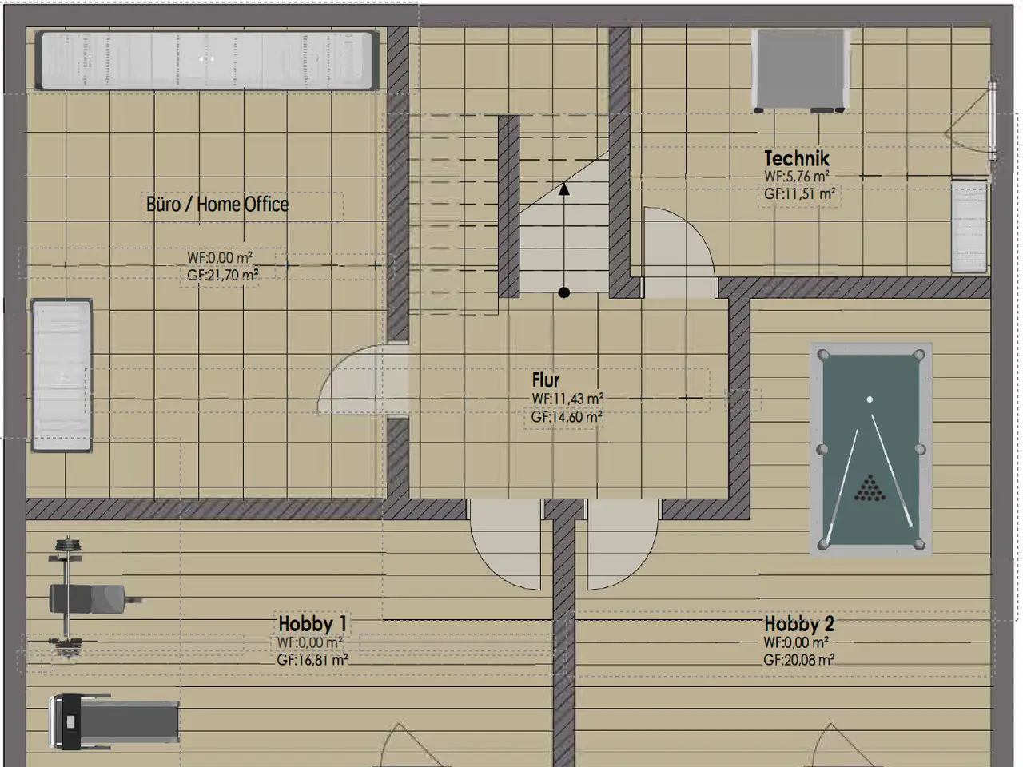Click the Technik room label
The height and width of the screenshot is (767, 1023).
click(x=797, y=159)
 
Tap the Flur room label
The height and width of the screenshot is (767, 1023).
click(x=545, y=380)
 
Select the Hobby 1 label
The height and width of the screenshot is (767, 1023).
click(x=312, y=623)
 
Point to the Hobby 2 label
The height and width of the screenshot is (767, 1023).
click(x=799, y=623)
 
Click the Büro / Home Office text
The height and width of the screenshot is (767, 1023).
click(x=217, y=204)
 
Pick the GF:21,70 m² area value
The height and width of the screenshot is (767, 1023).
click(x=223, y=275)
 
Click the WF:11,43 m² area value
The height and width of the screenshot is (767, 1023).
click(x=567, y=399)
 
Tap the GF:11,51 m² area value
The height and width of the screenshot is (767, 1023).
click(x=799, y=193)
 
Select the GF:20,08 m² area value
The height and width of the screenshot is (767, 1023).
click(x=799, y=660)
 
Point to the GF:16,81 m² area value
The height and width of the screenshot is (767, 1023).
click(x=312, y=660)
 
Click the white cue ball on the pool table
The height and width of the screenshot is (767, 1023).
click(x=870, y=399)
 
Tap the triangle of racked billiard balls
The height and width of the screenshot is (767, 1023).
click(x=870, y=488)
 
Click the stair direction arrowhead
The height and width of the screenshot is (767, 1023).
click(x=564, y=189)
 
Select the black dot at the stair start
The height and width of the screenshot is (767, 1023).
click(x=564, y=292)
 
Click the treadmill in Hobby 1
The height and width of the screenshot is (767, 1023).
click(x=114, y=721)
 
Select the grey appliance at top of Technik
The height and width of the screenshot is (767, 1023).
click(x=800, y=70)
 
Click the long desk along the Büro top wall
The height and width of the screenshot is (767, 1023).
click(x=206, y=60)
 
